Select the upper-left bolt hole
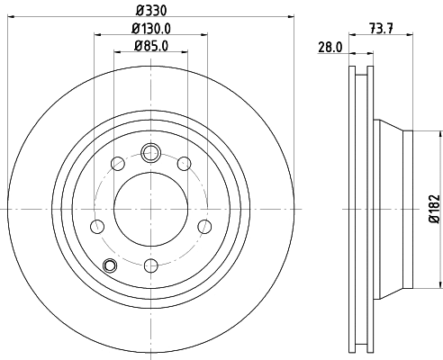pos(117,163)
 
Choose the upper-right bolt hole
pos(184,163)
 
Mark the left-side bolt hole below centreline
pos(96,225)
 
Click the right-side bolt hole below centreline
pos(204,225)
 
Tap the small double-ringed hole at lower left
pos(111,265)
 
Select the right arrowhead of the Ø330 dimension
pos(293,16)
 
